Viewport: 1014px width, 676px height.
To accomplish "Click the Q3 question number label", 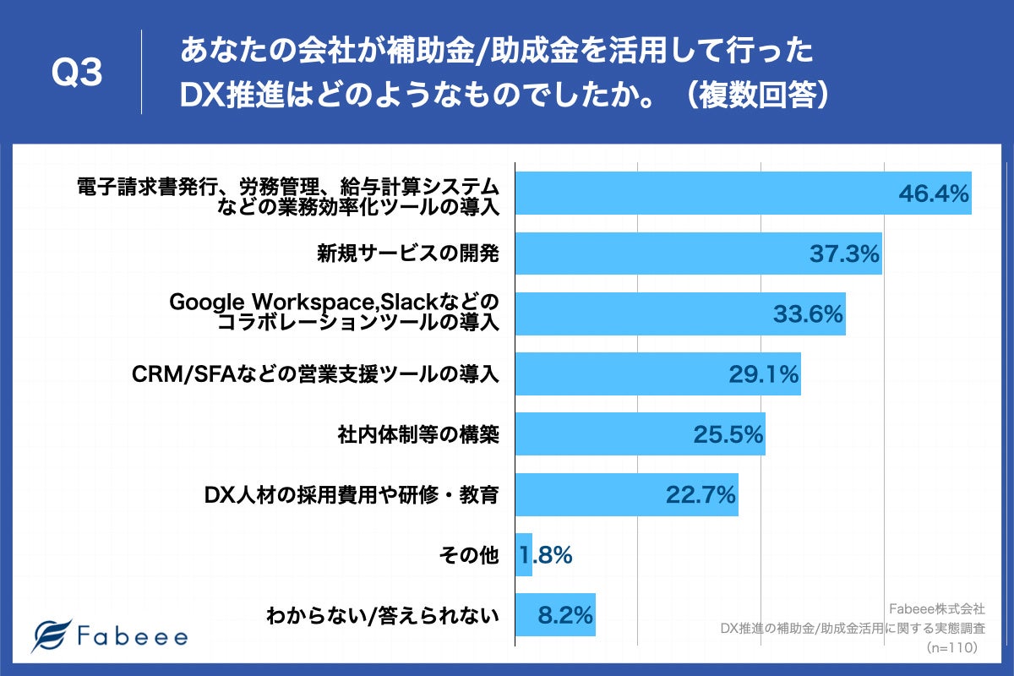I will [x=77, y=74].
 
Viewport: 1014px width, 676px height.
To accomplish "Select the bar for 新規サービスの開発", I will [x=698, y=253].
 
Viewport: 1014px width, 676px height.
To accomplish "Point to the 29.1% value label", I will [x=764, y=374].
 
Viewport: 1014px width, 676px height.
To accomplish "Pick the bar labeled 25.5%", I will [x=640, y=434].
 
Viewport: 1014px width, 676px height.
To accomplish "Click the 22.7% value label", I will [x=701, y=495].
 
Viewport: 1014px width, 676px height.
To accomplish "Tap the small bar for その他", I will [x=523, y=555].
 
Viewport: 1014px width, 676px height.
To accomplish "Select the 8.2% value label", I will [x=564, y=615].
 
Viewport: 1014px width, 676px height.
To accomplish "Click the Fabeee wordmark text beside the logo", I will [x=133, y=636].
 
